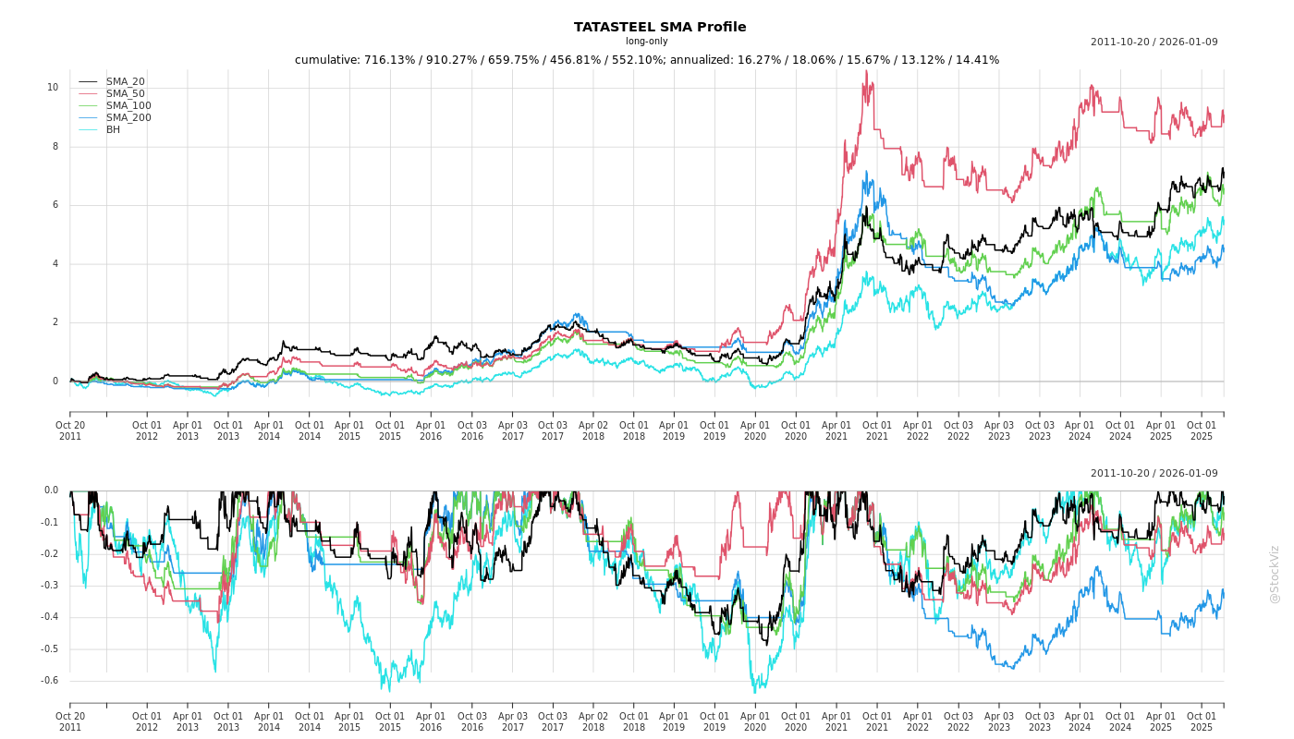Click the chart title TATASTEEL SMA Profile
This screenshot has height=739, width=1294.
(659, 27)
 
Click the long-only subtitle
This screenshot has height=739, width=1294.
(646, 42)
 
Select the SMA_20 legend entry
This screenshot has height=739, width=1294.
(125, 82)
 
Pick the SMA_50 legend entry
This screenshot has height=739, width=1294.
(125, 94)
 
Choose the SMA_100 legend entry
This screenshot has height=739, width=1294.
(128, 106)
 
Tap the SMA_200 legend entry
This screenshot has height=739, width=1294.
(128, 118)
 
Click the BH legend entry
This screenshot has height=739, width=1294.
(113, 130)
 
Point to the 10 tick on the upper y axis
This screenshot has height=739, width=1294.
(53, 88)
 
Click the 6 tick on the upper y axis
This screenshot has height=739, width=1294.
(55, 205)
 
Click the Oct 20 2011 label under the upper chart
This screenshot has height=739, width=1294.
(70, 431)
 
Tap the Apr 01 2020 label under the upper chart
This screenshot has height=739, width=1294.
(755, 431)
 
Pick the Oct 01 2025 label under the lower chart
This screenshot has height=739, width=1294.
(1202, 721)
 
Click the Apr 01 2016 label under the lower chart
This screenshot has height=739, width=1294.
(431, 721)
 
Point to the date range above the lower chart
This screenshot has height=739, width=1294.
(1154, 474)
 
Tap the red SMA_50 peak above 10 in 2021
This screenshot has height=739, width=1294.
(866, 72)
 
